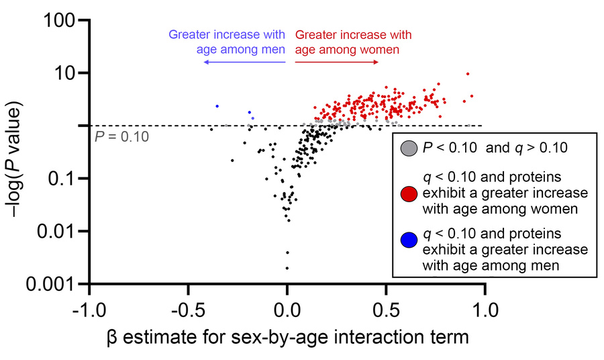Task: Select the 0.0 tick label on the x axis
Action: coord(287,312)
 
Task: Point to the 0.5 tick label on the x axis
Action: coord(386,312)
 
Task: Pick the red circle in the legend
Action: coord(407,195)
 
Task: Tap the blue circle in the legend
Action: coord(407,238)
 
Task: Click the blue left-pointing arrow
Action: coord(245,62)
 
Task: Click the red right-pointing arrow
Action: coord(334,62)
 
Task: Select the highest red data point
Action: coord(468,74)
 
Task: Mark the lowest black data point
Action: coord(287,268)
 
